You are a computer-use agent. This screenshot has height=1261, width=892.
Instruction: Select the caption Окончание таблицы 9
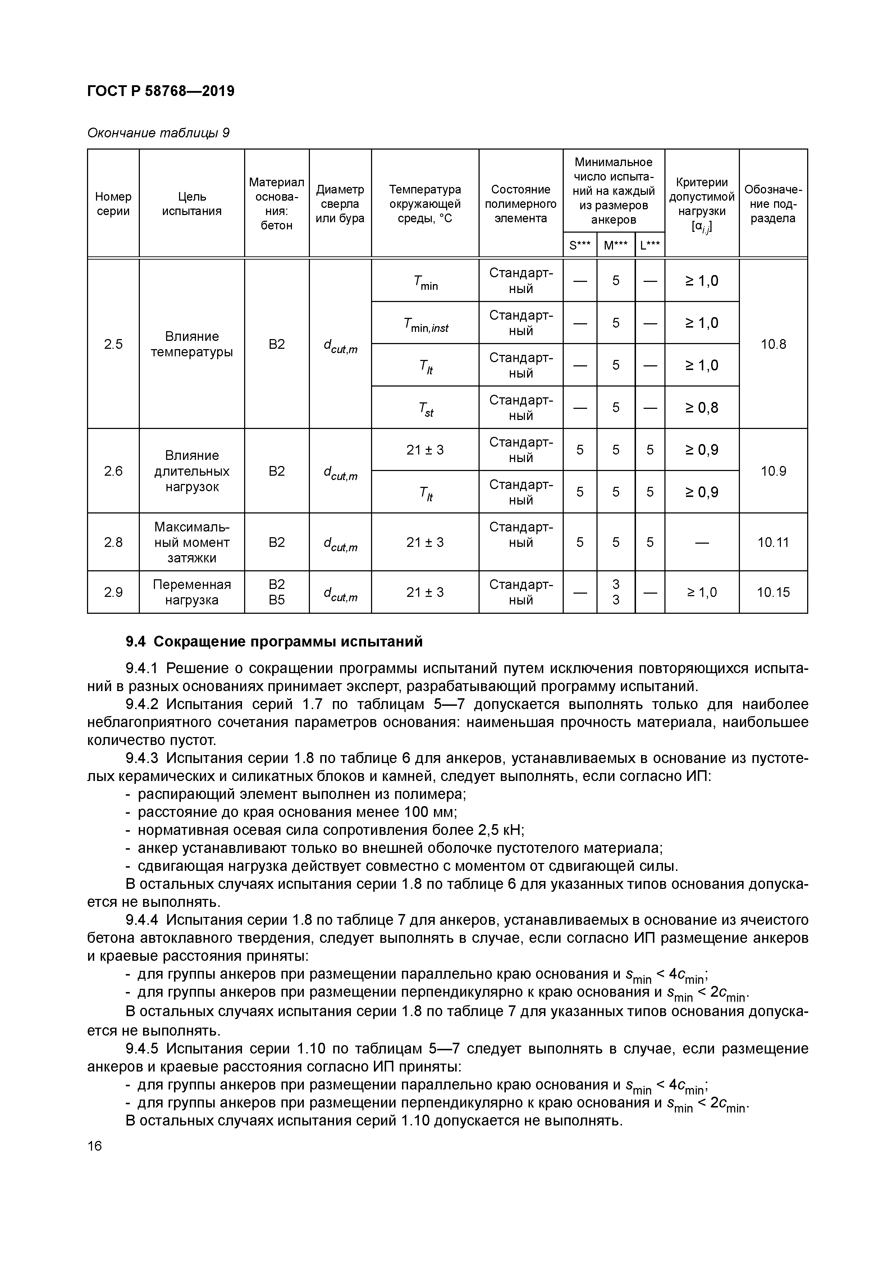coord(158,133)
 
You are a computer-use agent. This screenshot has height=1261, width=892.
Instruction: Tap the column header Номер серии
coord(113,204)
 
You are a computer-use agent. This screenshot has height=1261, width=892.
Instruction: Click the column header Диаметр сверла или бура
coord(340,204)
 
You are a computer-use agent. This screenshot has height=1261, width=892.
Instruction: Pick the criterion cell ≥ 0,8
coord(701,407)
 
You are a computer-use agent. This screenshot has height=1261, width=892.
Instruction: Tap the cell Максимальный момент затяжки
coord(192,543)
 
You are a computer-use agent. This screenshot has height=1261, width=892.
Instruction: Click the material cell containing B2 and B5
coord(277,592)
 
